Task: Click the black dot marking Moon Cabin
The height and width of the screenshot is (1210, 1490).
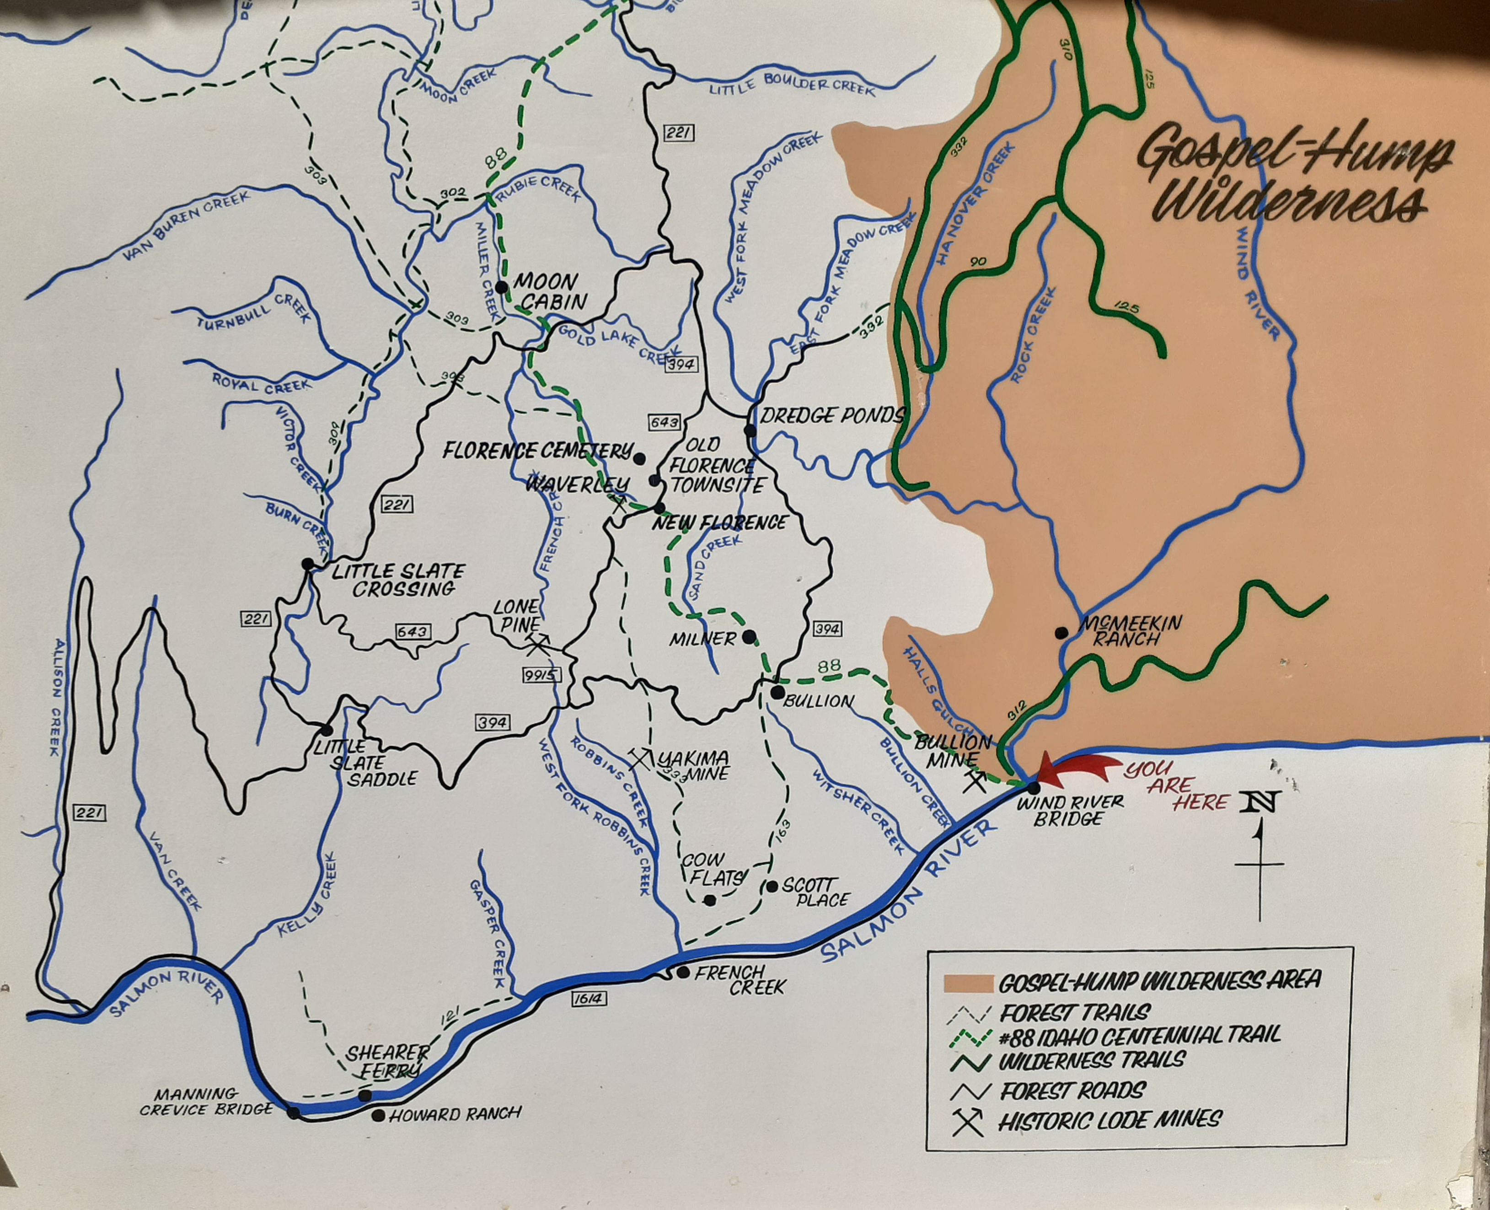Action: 501,287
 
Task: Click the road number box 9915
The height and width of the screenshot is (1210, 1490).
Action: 541,675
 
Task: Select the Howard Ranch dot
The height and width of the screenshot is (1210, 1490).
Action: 378,1116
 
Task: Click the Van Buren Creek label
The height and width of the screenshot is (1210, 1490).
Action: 187,226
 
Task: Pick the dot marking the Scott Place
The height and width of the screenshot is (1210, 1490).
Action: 772,887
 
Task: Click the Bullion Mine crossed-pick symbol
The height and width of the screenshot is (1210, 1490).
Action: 974,781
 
